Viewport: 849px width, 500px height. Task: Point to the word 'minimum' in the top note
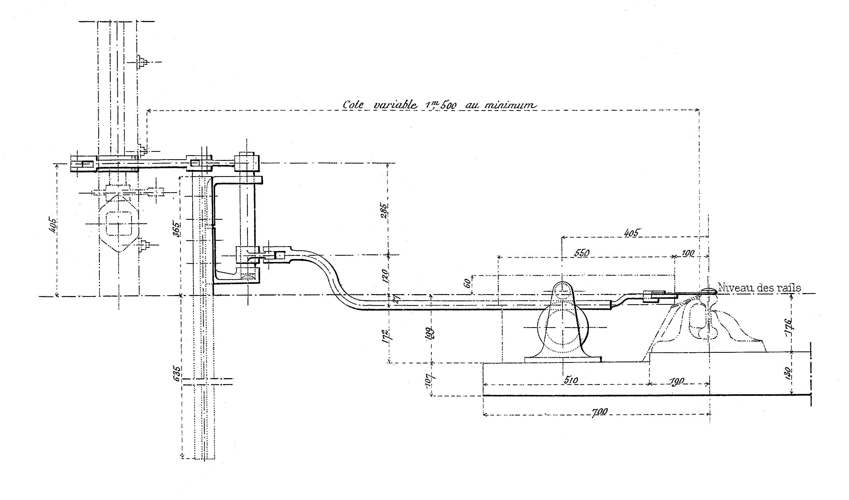[510, 105]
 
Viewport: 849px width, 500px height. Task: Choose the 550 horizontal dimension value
[582, 253]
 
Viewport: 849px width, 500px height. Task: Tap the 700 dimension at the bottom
[599, 412]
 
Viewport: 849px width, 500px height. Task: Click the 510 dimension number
[570, 380]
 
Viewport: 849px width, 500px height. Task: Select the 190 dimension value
[677, 381]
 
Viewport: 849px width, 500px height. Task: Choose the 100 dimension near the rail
[687, 253]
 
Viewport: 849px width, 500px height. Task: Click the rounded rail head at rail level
[708, 290]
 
